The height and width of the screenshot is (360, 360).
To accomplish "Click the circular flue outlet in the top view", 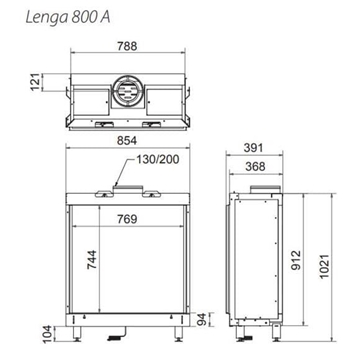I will coord(126,91).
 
